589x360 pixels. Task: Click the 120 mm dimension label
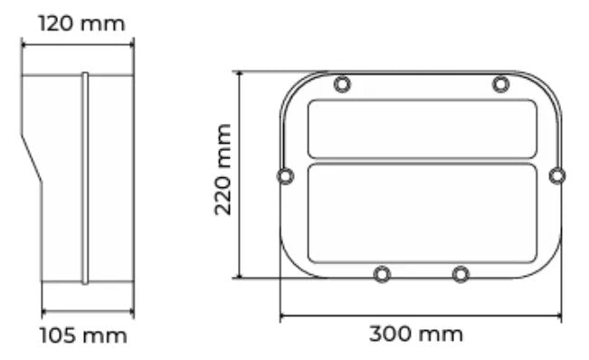click(81, 22)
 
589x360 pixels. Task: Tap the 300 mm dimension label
click(416, 334)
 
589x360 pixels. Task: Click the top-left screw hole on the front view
click(342, 85)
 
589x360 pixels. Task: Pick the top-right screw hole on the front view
click(500, 85)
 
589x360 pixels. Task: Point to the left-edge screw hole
click(285, 175)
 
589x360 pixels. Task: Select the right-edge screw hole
click(557, 175)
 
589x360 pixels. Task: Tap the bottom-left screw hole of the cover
click(383, 273)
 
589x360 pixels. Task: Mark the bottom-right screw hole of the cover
click(460, 273)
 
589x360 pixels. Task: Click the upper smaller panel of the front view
click(422, 128)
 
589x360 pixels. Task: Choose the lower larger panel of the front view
click(422, 213)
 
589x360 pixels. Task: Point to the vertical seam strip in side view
click(85, 177)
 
